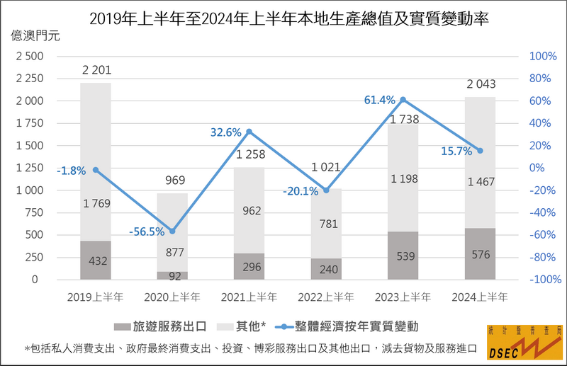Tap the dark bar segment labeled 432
pyautogui.click(x=96, y=261)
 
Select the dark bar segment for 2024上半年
pyautogui.click(x=480, y=254)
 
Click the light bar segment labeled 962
pyautogui.click(x=249, y=210)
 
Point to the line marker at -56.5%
pyautogui.click(x=172, y=231)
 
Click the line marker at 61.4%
pyautogui.click(x=403, y=99)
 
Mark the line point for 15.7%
pyautogui.click(x=480, y=150)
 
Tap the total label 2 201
pyautogui.click(x=96, y=70)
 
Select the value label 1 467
pyautogui.click(x=480, y=183)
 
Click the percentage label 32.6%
pyautogui.click(x=225, y=132)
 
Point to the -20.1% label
pyautogui.click(x=301, y=191)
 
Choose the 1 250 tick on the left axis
pyautogui.click(x=29, y=168)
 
